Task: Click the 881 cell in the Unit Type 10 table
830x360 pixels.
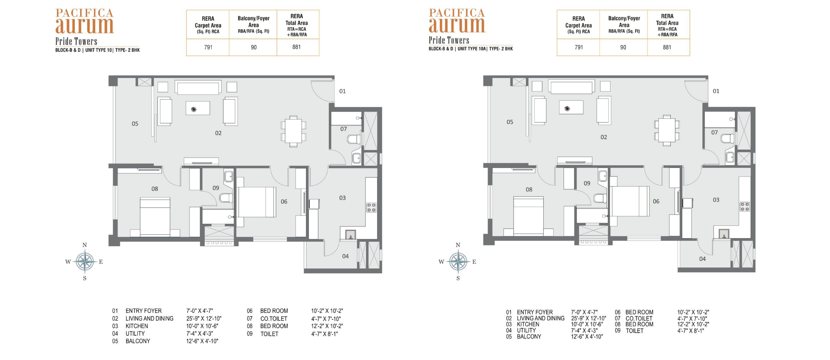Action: coord(296,47)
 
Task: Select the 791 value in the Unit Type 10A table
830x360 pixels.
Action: coord(579,47)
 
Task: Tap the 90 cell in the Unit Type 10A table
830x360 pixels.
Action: coord(623,47)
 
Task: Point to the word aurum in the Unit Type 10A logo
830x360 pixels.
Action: coord(457,25)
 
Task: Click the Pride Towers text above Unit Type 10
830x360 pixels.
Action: coord(76,41)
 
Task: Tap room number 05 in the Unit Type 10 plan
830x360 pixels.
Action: coord(135,124)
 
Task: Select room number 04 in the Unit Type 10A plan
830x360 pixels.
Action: coord(702,259)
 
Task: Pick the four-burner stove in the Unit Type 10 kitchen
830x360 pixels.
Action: coord(371,207)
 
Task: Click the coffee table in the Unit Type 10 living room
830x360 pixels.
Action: coord(198,108)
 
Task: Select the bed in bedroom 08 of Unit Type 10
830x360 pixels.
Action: coord(155,216)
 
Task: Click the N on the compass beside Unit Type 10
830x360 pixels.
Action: coord(85,245)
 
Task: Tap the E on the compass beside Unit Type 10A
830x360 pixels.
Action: coord(474,262)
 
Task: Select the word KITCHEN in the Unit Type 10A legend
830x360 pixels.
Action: coord(528,324)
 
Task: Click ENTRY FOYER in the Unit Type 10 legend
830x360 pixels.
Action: coord(143,311)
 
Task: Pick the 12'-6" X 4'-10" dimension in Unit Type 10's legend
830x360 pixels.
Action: coord(202,341)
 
